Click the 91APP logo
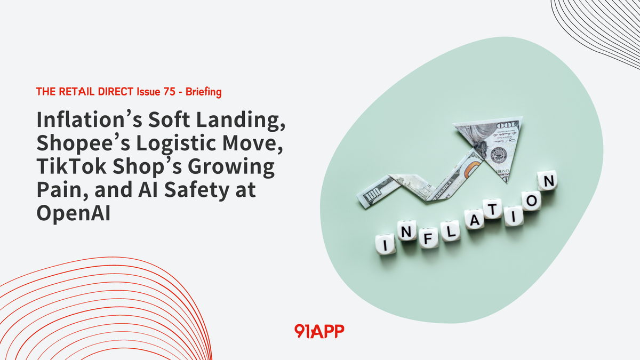[319, 331]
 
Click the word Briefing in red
[204, 92]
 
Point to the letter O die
[530, 201]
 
